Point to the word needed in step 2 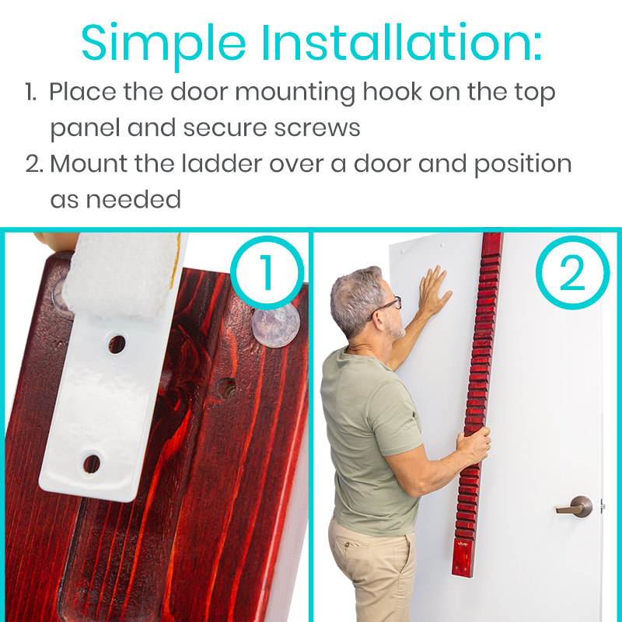click(x=133, y=199)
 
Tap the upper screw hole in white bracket click(x=117, y=343)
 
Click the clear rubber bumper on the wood click(x=276, y=323)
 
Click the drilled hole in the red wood click(x=227, y=388)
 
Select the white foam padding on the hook click(x=123, y=272)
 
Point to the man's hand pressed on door click(x=434, y=292)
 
